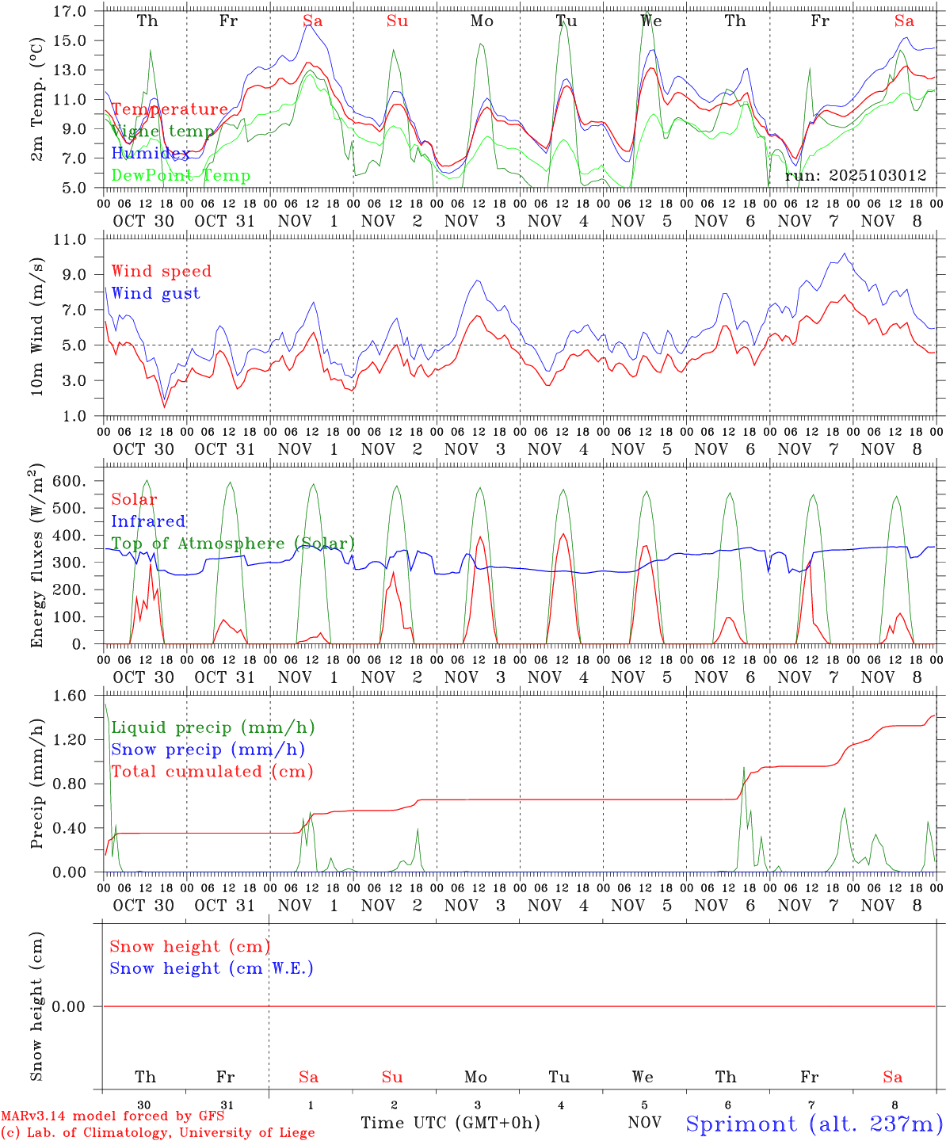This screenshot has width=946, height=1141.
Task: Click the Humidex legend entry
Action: pyautogui.click(x=151, y=153)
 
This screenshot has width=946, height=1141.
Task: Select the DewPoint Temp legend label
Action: pyautogui.click(x=181, y=175)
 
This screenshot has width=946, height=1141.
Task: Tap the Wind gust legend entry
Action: pyautogui.click(x=155, y=293)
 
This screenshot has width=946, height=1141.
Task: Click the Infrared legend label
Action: pyautogui.click(x=148, y=521)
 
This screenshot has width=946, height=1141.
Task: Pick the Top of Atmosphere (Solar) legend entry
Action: pyautogui.click(x=232, y=544)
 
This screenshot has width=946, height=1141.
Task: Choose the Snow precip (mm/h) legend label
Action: pyautogui.click(x=208, y=750)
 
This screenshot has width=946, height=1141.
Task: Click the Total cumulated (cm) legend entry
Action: pyautogui.click(x=212, y=772)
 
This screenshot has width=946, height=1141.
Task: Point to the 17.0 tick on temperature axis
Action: pyautogui.click(x=71, y=11)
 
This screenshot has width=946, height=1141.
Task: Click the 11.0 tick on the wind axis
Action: pyautogui.click(x=71, y=239)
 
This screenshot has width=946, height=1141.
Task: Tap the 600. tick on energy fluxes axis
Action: pyautogui.click(x=71, y=481)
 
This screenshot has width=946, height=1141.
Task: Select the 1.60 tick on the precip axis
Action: pyautogui.click(x=71, y=696)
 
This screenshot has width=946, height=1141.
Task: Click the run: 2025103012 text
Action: pyautogui.click(x=855, y=175)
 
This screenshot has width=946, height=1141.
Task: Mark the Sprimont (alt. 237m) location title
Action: pyautogui.click(x=814, y=1124)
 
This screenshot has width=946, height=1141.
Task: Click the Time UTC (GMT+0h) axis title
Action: pyautogui.click(x=450, y=1123)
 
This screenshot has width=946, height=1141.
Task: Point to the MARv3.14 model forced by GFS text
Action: pyautogui.click(x=113, y=1116)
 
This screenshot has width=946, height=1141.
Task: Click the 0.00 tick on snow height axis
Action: pyautogui.click(x=71, y=1006)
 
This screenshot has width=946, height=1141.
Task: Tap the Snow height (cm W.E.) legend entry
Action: pyautogui.click(x=211, y=968)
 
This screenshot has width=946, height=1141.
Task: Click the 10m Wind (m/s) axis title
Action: pyautogui.click(x=37, y=326)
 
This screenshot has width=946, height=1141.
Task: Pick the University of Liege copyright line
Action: pyautogui.click(x=158, y=1132)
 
